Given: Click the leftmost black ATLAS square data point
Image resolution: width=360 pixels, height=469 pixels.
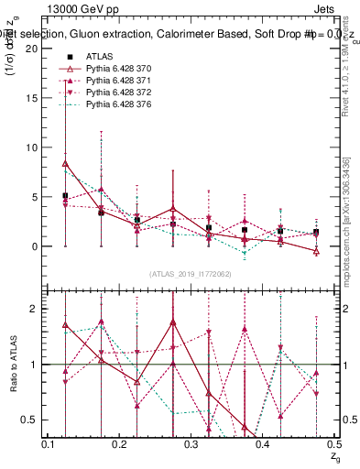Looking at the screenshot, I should pyautogui.click(x=65, y=196).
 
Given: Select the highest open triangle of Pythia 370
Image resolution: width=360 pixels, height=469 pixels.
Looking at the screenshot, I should pyautogui.click(x=65, y=163).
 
